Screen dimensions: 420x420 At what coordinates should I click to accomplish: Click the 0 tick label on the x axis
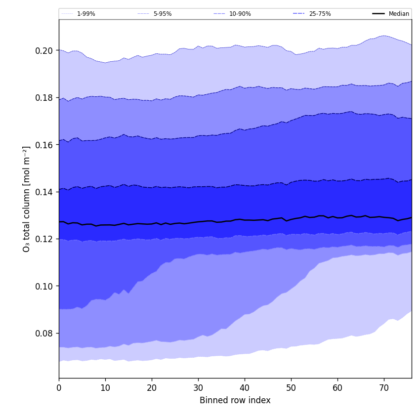point(59,388)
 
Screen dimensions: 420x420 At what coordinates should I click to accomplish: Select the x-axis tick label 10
point(105,388)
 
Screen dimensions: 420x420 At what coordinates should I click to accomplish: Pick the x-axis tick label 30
point(198,388)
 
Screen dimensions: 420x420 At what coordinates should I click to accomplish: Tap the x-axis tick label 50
point(291,388)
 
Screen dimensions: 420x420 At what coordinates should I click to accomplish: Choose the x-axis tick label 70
point(384,388)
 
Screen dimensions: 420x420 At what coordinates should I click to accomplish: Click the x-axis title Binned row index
point(235,400)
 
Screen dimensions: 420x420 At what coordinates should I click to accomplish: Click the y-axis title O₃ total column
point(27,199)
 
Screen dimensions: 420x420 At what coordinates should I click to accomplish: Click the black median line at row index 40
point(245,220)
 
